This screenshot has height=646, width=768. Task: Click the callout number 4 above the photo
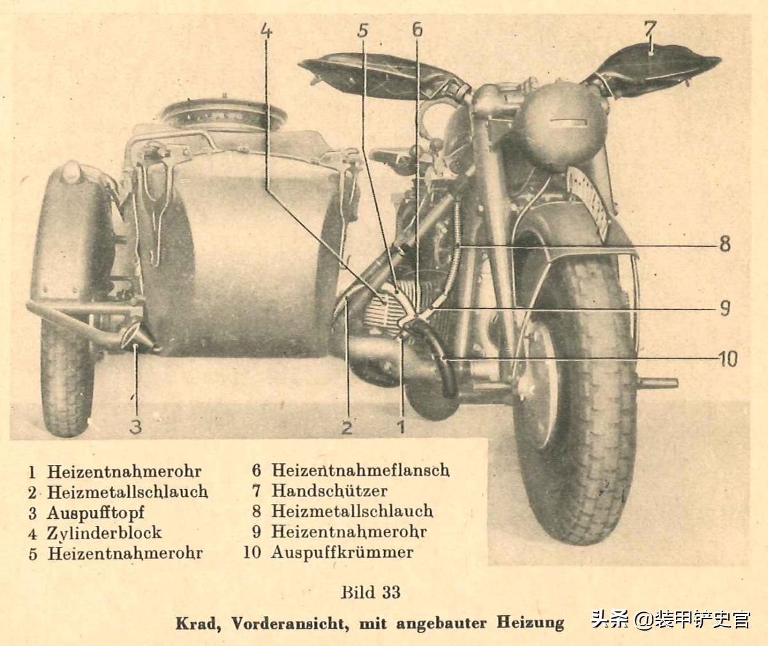pos(267,31)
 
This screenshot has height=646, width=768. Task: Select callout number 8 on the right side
pos(724,244)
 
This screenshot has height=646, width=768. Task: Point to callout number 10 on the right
pos(728,359)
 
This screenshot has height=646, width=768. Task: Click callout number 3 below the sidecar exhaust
pos(136,426)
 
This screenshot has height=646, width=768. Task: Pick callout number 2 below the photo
pos(347,427)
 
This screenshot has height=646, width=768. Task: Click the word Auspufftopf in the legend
pos(95,513)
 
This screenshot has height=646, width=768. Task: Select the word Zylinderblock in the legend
pos(104,533)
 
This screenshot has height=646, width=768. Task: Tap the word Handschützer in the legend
pos(329,491)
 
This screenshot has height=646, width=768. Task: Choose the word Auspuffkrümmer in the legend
pos(342,553)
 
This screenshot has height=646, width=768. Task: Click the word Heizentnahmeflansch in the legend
pos(360,471)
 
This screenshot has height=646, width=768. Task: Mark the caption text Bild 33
pos(371,592)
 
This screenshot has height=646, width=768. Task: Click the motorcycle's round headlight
pos(561,125)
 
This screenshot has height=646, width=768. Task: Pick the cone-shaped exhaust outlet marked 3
pos(136,335)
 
